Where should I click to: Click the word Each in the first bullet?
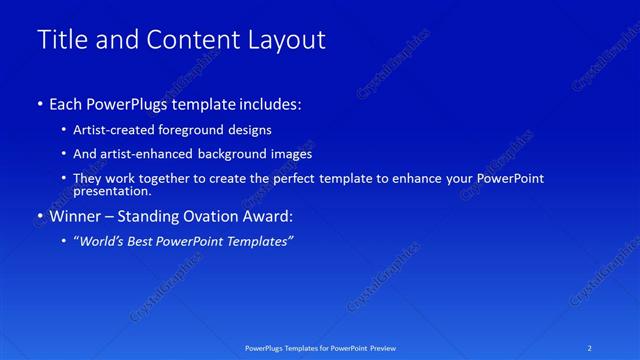(x=66, y=104)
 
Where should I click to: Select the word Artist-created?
(x=112, y=130)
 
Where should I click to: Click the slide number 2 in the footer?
(x=590, y=347)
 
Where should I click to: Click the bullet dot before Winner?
(x=39, y=215)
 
